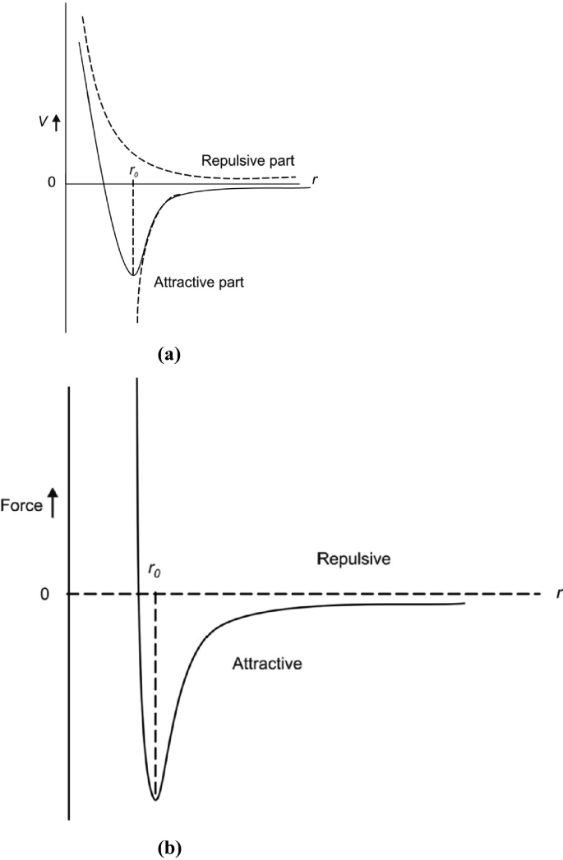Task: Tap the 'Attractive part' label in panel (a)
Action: point(200,281)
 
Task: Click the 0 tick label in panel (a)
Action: point(51,182)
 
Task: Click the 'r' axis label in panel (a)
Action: point(316,178)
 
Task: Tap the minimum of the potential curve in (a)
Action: point(132,274)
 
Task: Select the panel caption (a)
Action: point(168,354)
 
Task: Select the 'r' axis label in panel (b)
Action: point(556,592)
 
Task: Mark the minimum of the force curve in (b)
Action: point(155,798)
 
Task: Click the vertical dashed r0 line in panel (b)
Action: point(155,698)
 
